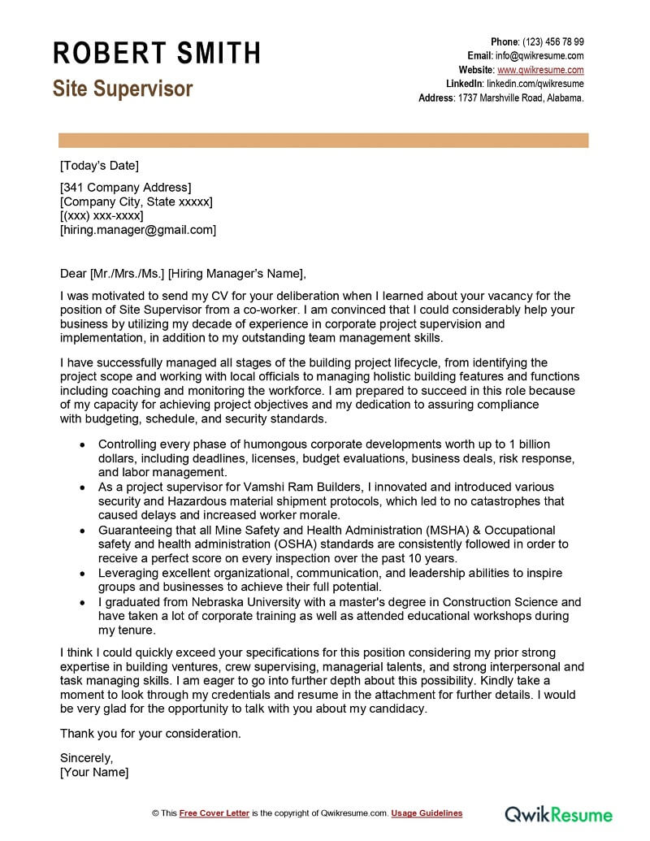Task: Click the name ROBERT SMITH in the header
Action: (x=157, y=53)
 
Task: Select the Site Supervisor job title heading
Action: (x=123, y=89)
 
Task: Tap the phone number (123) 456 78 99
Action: (x=552, y=42)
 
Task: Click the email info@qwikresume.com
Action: (x=539, y=56)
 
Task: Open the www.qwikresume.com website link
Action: (x=540, y=70)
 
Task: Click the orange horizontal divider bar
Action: (x=323, y=140)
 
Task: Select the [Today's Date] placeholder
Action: (x=99, y=166)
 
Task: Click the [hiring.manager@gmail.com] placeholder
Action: (x=138, y=230)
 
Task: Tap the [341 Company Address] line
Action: (x=125, y=188)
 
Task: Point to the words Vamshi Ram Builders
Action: (x=271, y=487)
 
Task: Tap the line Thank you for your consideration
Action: (x=150, y=733)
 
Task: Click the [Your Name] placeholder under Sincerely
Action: (x=94, y=772)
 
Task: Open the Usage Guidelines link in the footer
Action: (x=427, y=813)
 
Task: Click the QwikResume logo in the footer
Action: (x=558, y=813)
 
